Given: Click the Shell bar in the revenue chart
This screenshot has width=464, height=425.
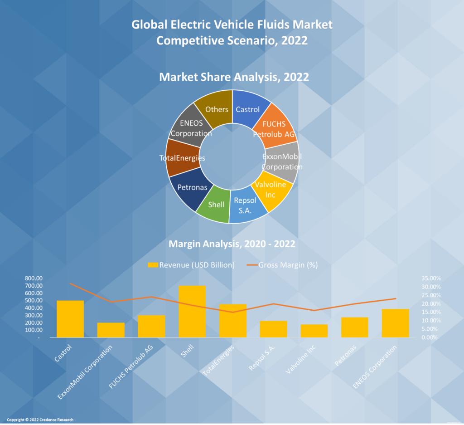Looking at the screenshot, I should (x=192, y=312).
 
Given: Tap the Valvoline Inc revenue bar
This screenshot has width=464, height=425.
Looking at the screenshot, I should (x=314, y=331).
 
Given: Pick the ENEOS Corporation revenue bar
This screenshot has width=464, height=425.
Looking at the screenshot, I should (x=395, y=323).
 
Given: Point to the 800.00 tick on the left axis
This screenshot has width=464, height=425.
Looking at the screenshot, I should (x=34, y=278).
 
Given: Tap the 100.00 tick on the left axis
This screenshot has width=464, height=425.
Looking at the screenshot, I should (x=34, y=330).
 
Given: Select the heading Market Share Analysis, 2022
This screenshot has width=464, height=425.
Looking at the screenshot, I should (x=234, y=77).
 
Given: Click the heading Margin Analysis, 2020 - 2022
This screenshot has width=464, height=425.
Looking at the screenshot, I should (x=232, y=244).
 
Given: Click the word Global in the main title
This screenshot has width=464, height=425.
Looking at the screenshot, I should (x=147, y=24).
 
